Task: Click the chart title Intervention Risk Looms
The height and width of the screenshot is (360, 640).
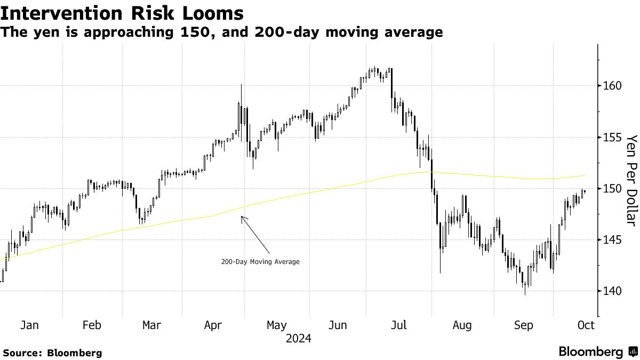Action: pos(123,13)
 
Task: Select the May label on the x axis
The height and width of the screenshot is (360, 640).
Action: pos(276,325)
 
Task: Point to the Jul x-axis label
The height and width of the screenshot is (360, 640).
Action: pos(399,325)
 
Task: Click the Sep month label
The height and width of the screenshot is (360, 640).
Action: pos(523,325)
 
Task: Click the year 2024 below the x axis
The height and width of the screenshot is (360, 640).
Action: pos(299,338)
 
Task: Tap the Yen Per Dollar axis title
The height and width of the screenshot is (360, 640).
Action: pos(631,180)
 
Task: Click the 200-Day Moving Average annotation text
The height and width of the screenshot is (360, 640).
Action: pos(260,262)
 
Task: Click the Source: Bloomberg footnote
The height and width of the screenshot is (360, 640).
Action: pos(52,353)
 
